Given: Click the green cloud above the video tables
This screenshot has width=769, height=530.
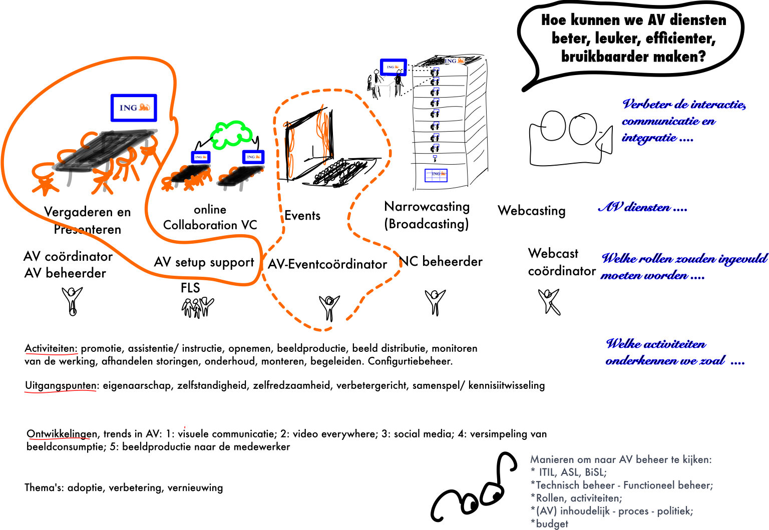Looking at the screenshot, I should (231, 134).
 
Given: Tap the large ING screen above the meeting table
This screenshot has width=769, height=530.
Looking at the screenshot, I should (134, 108).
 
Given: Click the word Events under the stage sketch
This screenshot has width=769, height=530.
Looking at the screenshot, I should (302, 216).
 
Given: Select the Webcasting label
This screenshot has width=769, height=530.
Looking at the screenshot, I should (532, 211).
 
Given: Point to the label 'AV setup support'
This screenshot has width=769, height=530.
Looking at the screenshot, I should (204, 262).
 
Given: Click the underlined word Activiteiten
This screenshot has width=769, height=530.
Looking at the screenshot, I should (51, 348).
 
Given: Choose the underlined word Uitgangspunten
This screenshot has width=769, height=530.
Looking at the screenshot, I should (61, 385).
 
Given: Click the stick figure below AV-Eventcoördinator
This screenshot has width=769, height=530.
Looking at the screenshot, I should (329, 307).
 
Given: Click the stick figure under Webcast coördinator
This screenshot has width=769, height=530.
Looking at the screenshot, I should (549, 301).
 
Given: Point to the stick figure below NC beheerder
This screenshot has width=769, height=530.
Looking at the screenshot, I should (435, 302).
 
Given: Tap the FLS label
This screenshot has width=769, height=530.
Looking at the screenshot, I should (190, 288).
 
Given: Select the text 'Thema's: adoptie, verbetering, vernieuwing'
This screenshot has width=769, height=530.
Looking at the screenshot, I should (124, 488).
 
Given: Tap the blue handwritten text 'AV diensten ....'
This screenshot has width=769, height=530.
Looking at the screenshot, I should (642, 208).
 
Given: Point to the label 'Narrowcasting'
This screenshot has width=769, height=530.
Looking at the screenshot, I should (427, 207).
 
